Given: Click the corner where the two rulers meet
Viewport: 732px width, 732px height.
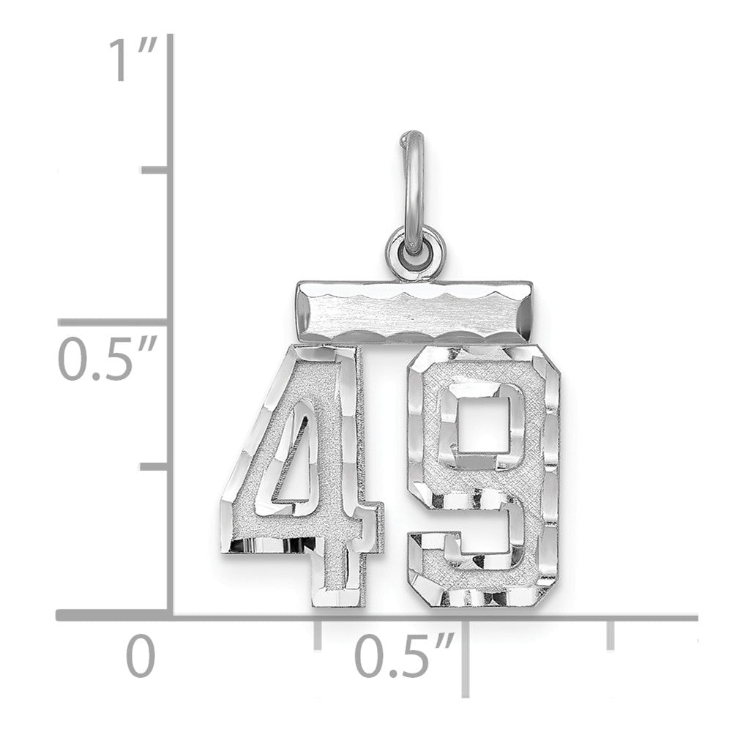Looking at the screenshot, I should [171, 616].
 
